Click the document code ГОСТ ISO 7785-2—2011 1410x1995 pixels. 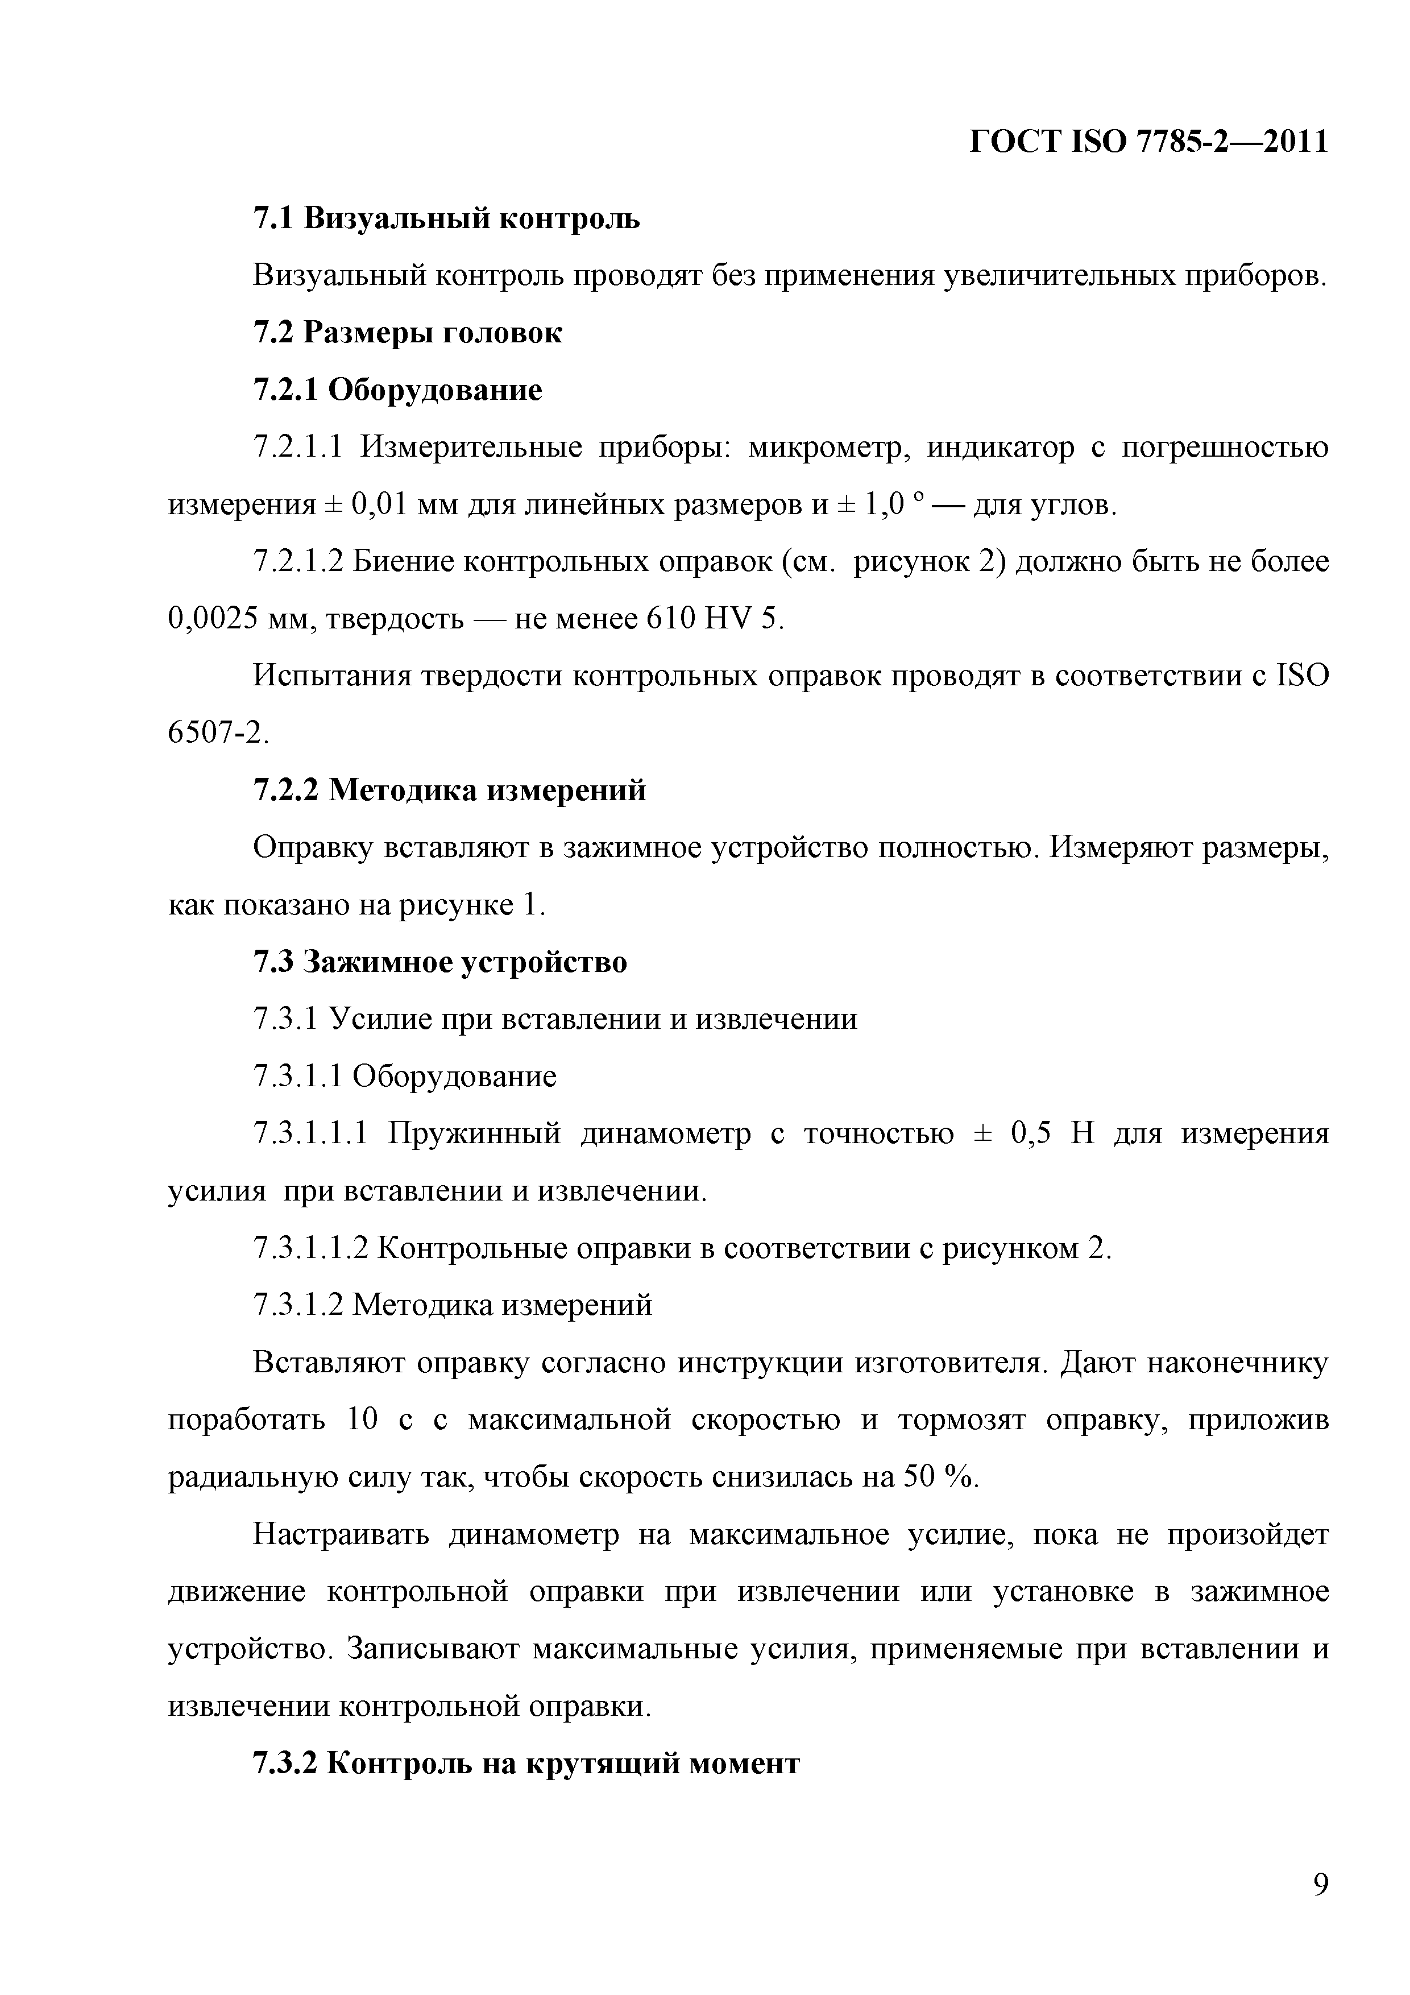[x=1148, y=142]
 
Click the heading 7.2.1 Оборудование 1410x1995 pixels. [x=397, y=390]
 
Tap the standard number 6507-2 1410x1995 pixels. [x=217, y=734]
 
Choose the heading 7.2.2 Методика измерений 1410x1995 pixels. [x=449, y=790]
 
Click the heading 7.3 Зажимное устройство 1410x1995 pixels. [x=439, y=962]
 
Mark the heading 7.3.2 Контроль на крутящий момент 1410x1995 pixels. [x=525, y=1764]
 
